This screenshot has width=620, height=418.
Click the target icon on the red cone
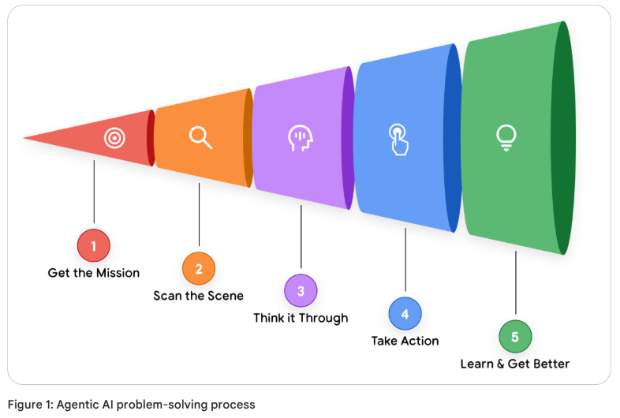[115, 138]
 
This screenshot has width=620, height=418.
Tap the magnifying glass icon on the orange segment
[200, 137]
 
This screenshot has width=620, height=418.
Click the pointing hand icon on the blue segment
[399, 138]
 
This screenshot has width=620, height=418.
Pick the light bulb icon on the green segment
[506, 137]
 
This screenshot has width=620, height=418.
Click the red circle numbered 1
[94, 245]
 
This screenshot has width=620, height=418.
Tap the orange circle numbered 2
[199, 268]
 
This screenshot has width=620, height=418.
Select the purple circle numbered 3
[301, 290]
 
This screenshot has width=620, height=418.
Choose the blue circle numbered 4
[405, 313]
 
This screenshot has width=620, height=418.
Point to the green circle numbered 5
[515, 336]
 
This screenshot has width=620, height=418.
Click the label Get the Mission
[94, 273]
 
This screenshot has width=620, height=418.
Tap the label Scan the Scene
[199, 296]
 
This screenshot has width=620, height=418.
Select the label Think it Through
[301, 318]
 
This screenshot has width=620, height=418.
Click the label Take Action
[405, 341]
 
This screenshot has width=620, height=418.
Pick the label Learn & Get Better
[515, 364]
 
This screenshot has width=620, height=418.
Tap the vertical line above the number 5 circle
[515, 284]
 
